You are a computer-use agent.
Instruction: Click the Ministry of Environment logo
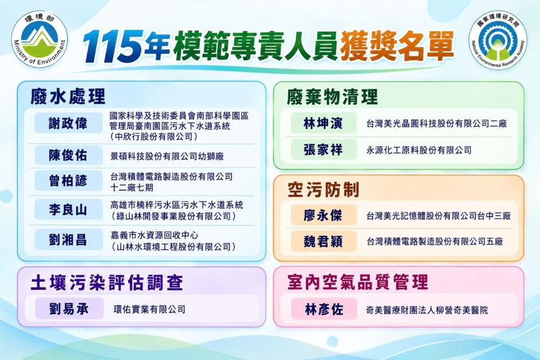39,39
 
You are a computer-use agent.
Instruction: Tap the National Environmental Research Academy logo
498,40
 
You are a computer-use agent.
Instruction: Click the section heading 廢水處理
67,96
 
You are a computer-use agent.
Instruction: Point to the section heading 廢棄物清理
332,97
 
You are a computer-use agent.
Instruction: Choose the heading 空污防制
323,189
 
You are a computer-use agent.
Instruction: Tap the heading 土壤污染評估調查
107,283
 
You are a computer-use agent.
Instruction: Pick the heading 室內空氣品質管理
357,282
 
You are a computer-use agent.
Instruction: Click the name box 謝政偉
68,123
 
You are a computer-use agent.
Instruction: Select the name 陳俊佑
68,155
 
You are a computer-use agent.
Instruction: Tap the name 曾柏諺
68,181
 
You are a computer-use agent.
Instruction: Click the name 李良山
68,209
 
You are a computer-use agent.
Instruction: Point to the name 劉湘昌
68,240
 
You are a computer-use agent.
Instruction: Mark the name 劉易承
69,309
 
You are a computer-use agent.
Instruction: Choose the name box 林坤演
323,123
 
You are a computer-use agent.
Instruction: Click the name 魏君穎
323,241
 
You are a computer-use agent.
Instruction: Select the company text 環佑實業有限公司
150,309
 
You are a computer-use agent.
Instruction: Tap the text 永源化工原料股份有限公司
419,150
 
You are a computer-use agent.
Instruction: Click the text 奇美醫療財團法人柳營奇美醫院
427,310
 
